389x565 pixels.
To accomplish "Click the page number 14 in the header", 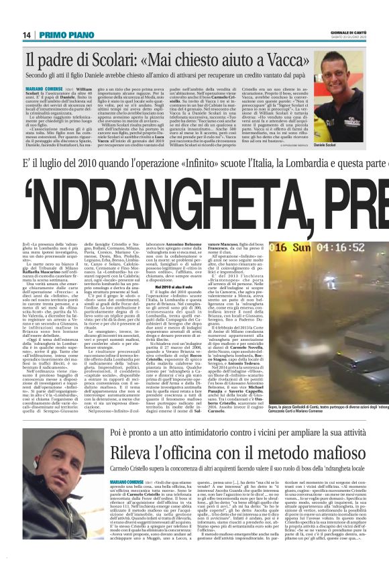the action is pyautogui.click(x=27, y=35).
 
